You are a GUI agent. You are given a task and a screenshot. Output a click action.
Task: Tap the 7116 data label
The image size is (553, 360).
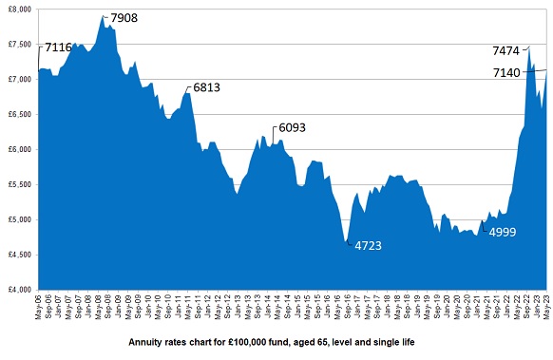(x=61, y=47)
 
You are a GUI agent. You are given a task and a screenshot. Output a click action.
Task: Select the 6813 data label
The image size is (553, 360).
(x=208, y=87)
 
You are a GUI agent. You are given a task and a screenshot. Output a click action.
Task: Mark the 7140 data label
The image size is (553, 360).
(x=506, y=72)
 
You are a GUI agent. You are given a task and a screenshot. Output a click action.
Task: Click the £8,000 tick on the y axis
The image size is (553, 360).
(x=18, y=9)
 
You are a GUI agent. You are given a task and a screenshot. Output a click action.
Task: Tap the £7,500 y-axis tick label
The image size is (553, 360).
(x=18, y=44)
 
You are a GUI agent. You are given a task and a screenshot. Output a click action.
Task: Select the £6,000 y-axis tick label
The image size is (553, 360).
(x=18, y=149)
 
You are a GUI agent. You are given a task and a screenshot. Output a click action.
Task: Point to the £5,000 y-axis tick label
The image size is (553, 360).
(x=18, y=219)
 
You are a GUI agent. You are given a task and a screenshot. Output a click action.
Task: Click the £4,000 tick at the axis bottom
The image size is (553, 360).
(x=18, y=289)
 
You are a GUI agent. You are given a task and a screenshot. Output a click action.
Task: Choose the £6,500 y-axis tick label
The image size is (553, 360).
(x=18, y=114)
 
